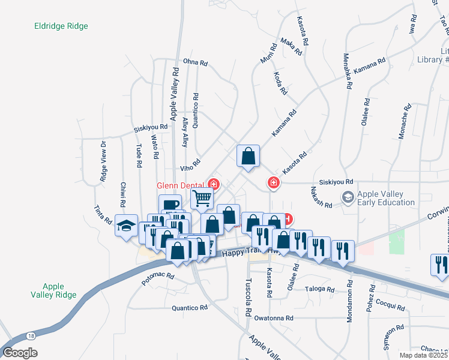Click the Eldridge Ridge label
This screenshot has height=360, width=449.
(61, 26)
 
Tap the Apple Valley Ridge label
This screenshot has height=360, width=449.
(54, 290)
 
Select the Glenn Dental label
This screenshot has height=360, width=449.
(181, 185)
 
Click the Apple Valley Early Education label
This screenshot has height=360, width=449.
(386, 198)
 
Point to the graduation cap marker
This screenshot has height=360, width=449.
(126, 226)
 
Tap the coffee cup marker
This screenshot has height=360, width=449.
(170, 203)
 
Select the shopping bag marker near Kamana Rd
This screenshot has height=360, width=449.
(248, 156)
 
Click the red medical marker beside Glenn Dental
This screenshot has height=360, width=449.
(213, 184)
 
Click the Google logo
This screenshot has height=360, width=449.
(20, 353)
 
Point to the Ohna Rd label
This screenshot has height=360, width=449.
(195, 62)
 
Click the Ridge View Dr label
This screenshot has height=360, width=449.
(103, 161)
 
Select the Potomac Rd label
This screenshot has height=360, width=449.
(158, 277)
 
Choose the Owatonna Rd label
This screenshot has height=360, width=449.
(274, 318)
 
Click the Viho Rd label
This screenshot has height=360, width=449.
(189, 165)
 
